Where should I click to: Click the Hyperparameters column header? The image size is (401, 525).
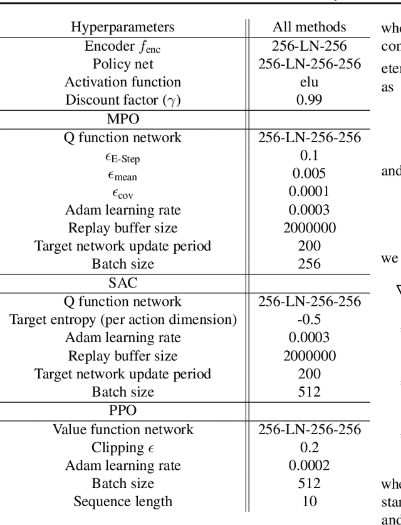point(122,27)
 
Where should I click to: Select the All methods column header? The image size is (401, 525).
point(309,27)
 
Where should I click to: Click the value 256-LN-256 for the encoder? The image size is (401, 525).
point(309,46)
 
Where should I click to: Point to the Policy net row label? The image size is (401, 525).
point(123,64)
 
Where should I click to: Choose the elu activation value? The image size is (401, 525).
point(309,82)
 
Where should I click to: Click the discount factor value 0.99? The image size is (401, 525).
point(309,100)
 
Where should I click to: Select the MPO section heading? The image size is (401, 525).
point(123,118)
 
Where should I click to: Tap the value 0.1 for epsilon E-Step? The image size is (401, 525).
point(309,155)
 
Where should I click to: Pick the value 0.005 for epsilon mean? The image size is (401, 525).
point(309,174)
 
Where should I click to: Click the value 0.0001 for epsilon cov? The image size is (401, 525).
point(309,192)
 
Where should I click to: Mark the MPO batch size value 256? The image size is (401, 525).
point(309,264)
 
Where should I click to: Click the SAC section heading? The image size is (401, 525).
point(123,283)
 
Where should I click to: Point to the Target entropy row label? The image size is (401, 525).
point(123,320)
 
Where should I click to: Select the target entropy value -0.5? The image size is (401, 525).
point(309,320)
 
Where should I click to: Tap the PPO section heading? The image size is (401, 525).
point(123,411)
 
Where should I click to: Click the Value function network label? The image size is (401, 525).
point(123,429)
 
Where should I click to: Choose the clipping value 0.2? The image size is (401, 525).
point(309,447)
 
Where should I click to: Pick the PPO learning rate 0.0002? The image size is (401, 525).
point(309,465)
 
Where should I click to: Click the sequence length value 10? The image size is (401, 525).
point(309,502)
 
